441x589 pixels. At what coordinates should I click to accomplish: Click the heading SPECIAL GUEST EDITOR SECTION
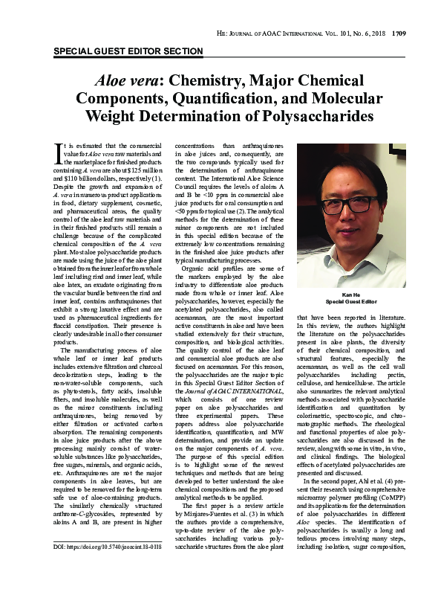(x=128, y=51)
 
